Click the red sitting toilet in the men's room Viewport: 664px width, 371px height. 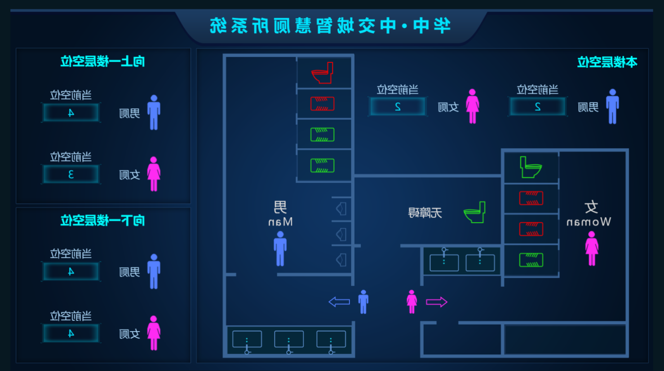click(x=323, y=73)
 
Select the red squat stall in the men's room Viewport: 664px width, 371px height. click(x=322, y=104)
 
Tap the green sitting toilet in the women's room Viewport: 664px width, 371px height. click(x=531, y=167)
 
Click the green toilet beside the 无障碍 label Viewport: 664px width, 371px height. click(x=475, y=212)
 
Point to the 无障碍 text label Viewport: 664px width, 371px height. click(x=425, y=213)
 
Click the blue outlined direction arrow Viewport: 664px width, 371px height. click(x=339, y=302)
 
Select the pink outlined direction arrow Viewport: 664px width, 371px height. click(x=437, y=302)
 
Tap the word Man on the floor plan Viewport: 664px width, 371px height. click(x=280, y=222)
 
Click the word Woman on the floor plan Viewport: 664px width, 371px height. click(x=589, y=222)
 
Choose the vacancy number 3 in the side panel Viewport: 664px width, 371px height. click(x=71, y=175)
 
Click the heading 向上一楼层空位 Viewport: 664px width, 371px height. click(x=103, y=61)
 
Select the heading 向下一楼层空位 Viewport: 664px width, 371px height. click(x=103, y=221)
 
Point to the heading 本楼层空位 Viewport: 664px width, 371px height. click(x=607, y=62)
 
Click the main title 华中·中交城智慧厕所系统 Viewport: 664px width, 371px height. click(x=330, y=26)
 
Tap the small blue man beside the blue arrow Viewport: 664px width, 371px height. click(x=363, y=301)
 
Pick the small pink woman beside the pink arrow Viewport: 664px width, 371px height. click(x=412, y=301)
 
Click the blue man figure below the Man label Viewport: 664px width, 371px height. click(x=280, y=249)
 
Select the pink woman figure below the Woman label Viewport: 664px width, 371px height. click(x=592, y=249)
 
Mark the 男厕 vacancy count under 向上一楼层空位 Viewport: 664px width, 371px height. click(x=71, y=113)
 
